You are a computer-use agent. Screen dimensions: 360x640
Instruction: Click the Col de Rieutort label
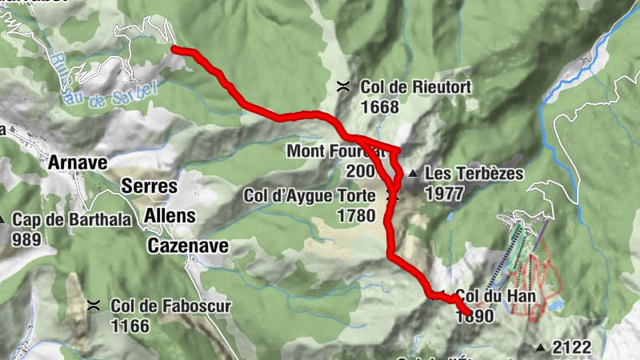[x=416, y=86]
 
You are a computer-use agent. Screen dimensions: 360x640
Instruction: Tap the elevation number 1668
[x=380, y=106]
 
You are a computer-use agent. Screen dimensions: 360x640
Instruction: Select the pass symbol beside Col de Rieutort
[x=343, y=86]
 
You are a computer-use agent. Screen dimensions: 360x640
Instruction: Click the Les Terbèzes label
[x=474, y=174]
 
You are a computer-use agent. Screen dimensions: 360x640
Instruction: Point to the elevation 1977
[x=445, y=193]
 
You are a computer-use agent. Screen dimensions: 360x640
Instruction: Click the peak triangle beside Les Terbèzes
[x=413, y=174]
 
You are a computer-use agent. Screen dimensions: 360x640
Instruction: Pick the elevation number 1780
[x=357, y=215]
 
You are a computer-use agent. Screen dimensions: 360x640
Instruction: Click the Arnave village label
[x=78, y=163]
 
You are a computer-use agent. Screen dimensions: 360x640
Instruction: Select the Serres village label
[x=148, y=185]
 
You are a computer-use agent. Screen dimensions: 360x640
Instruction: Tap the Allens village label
[x=170, y=215]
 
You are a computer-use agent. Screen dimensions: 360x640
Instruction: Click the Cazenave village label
[x=188, y=246]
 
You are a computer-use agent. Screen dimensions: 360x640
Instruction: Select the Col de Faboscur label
[x=159, y=305]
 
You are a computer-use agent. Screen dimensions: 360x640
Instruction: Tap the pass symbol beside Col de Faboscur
[x=94, y=305]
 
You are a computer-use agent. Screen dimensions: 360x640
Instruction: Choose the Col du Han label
[x=489, y=295]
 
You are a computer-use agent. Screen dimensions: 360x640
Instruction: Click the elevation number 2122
[x=571, y=347]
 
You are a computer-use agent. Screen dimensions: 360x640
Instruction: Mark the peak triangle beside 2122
[x=541, y=347]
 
